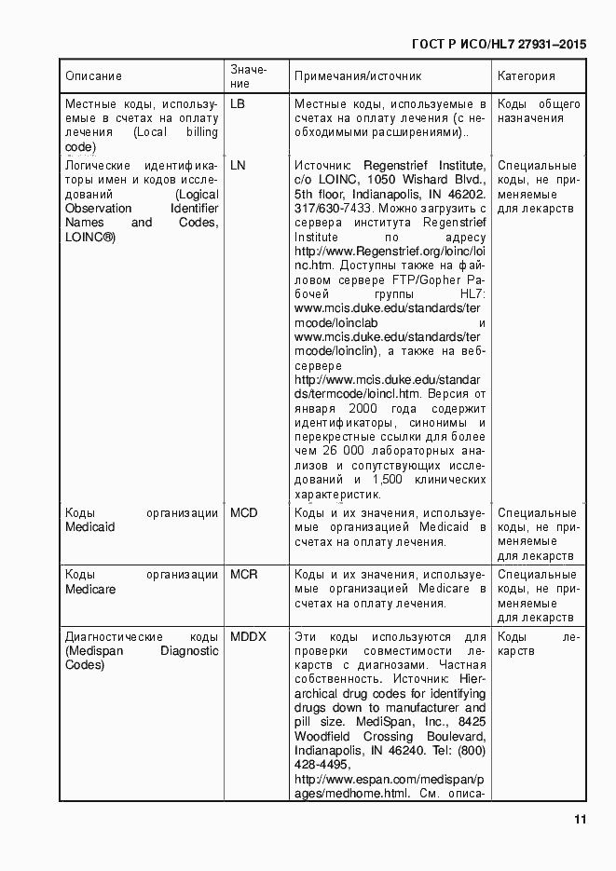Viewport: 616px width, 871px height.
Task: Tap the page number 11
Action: [580, 820]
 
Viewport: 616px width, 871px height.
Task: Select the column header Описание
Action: [94, 76]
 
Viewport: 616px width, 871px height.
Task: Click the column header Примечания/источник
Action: [358, 76]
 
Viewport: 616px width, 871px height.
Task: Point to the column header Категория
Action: [527, 76]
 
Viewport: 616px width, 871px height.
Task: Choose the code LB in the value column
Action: [238, 103]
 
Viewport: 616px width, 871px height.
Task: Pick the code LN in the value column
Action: [238, 165]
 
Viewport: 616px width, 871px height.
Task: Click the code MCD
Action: [244, 512]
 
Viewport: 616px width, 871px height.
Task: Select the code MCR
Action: [244, 574]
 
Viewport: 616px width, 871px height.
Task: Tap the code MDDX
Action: [248, 636]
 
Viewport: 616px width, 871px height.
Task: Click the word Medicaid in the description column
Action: [90, 527]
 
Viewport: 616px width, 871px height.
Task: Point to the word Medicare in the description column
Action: [90, 589]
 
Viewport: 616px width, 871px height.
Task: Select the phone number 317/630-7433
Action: [333, 209]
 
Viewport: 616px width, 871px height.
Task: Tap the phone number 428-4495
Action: [322, 764]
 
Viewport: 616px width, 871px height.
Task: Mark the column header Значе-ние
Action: [248, 76]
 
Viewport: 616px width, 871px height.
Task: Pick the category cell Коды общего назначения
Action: [539, 111]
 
